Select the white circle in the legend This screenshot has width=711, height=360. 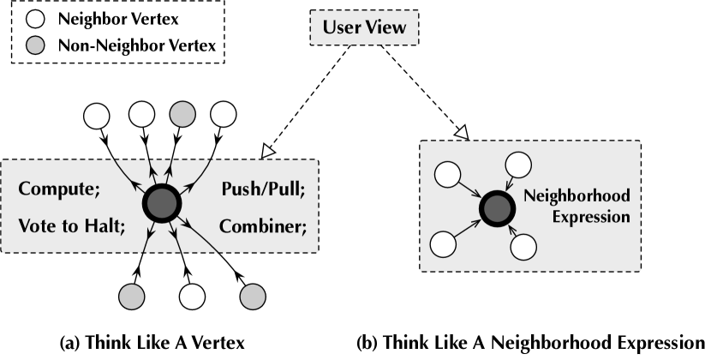pos(35,18)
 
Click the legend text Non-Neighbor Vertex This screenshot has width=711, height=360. pos(136,45)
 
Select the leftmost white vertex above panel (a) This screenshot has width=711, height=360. pos(98,114)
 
